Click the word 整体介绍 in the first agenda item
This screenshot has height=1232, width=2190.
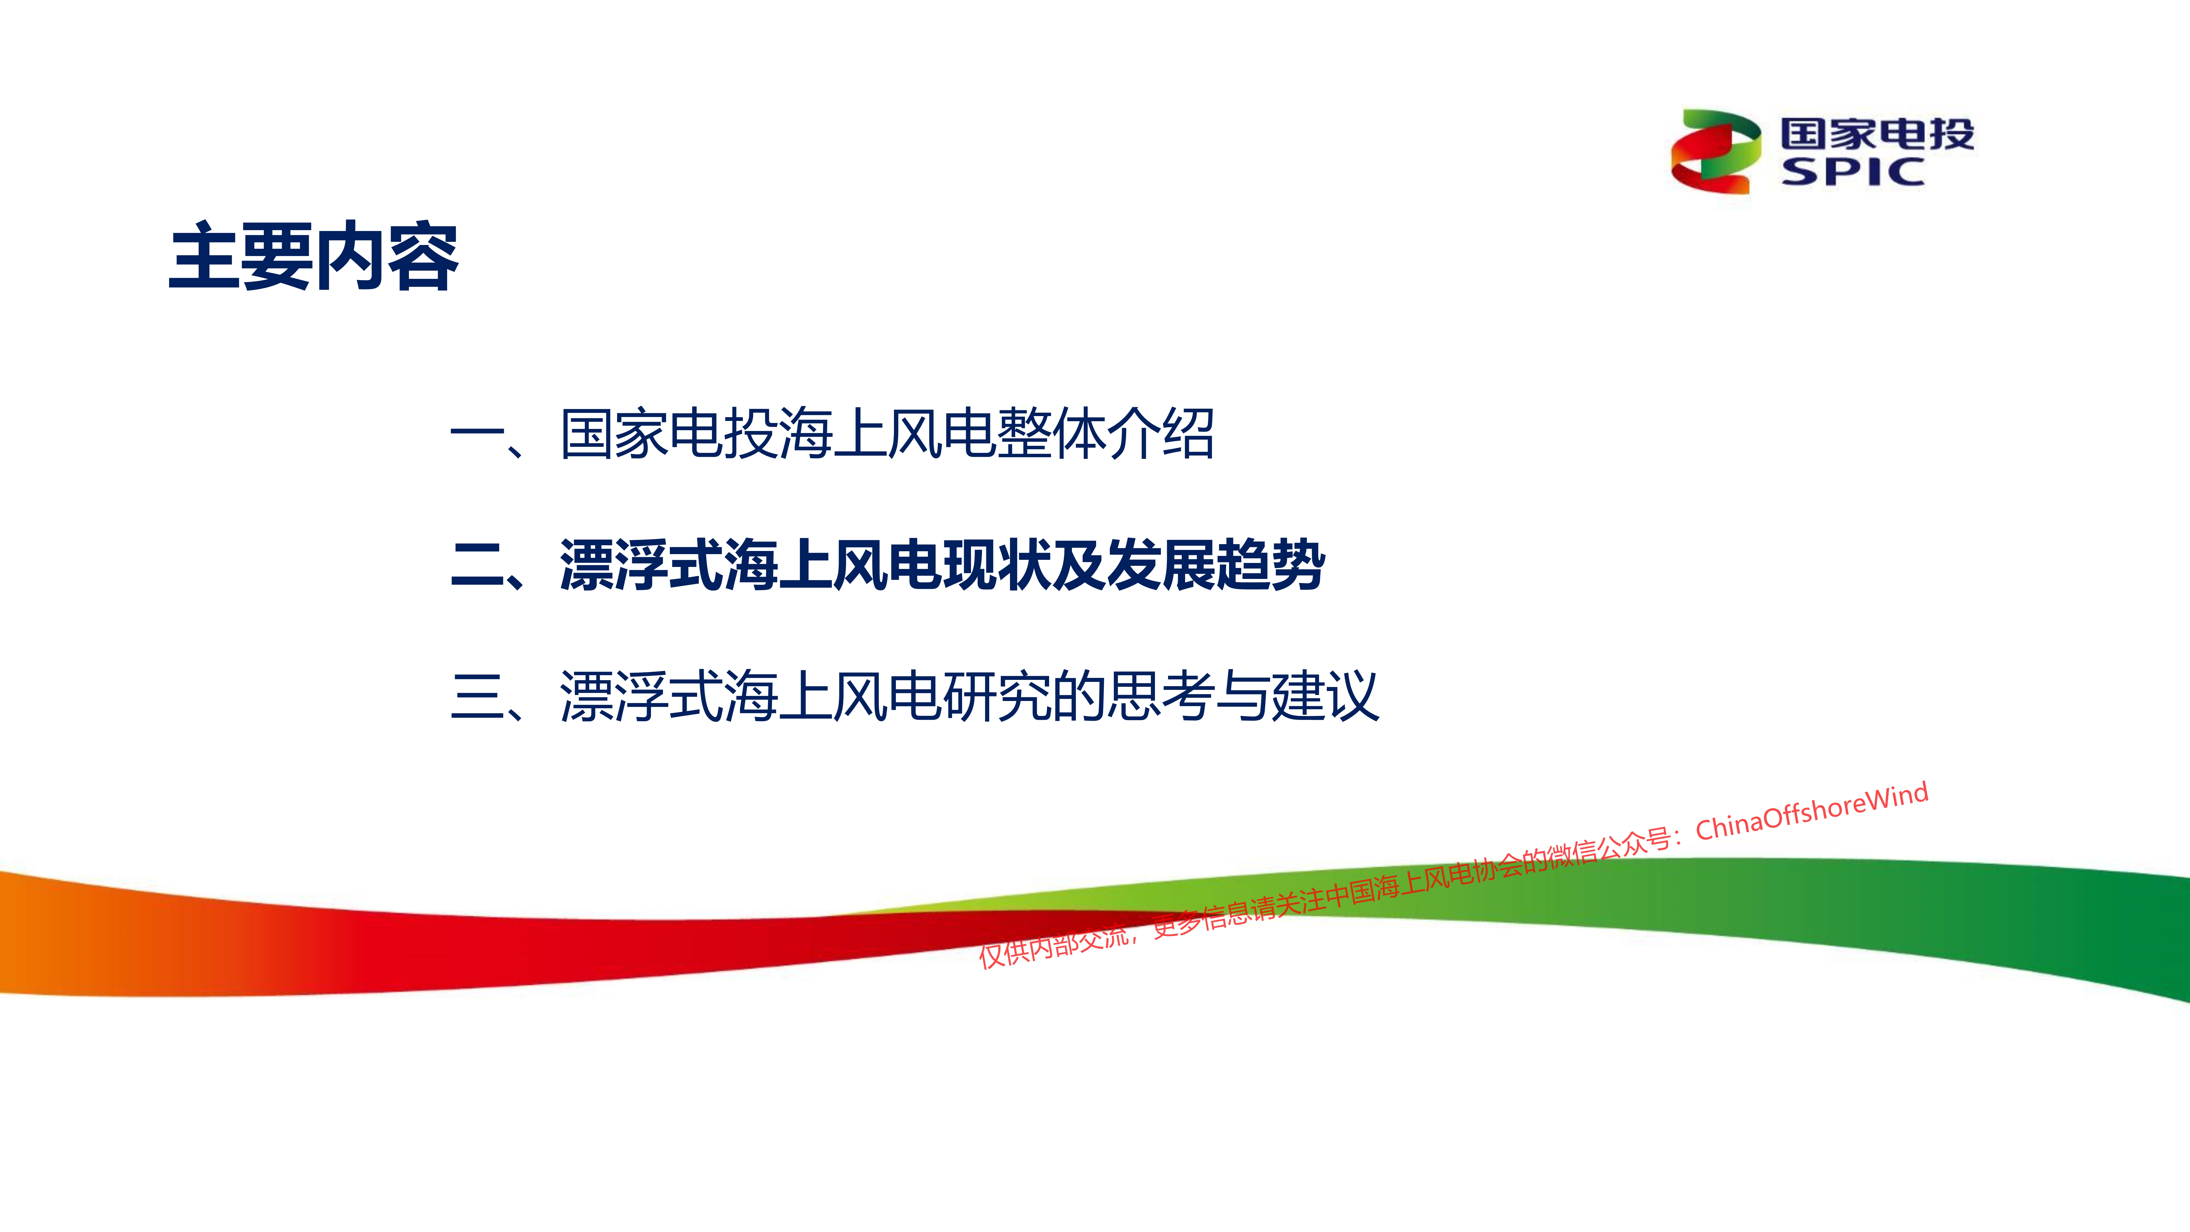coord(1105,433)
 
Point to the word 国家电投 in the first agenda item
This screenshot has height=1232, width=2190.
coord(668,433)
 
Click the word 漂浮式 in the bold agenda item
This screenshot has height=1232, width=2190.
coord(641,566)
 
